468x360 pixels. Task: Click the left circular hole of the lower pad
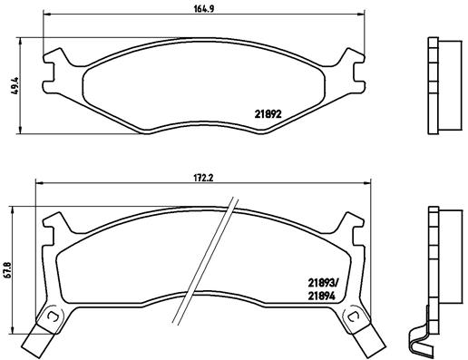click(52, 316)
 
